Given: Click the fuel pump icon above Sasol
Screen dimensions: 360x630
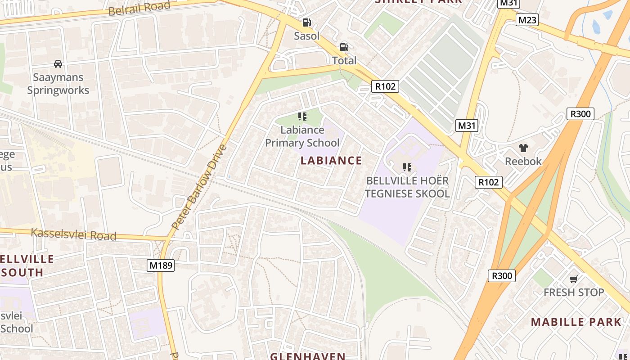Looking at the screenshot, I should [x=306, y=22].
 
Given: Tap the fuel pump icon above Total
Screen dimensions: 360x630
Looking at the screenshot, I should [x=344, y=47].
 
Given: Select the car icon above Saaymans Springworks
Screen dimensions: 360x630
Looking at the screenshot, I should [x=58, y=64].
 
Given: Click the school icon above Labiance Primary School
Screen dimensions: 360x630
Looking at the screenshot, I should [x=302, y=117].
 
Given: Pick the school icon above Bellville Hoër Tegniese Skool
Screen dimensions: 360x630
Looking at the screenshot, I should [x=407, y=168].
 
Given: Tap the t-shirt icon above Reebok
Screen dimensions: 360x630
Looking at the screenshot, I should [x=523, y=148].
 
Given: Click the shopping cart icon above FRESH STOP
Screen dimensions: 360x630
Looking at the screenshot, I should [x=573, y=279].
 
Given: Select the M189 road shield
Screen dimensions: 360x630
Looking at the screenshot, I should [x=161, y=265].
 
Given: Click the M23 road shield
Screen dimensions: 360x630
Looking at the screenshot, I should [x=527, y=20].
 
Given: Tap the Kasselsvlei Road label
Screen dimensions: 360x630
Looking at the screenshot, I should [x=73, y=234].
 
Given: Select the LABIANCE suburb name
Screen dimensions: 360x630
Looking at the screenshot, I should [x=331, y=161].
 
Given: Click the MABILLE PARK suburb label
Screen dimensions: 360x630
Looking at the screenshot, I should [x=576, y=322].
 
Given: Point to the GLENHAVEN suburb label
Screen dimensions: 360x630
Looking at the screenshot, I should [x=308, y=356].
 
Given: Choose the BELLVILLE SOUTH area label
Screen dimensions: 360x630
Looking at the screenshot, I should [x=25, y=265].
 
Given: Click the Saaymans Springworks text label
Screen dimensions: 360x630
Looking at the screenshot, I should [x=58, y=84].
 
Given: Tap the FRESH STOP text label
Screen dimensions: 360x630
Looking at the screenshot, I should [x=574, y=292].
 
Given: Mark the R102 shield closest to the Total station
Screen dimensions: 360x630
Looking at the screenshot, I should [x=386, y=86].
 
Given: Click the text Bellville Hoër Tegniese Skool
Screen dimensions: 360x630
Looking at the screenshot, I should [x=407, y=187].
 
